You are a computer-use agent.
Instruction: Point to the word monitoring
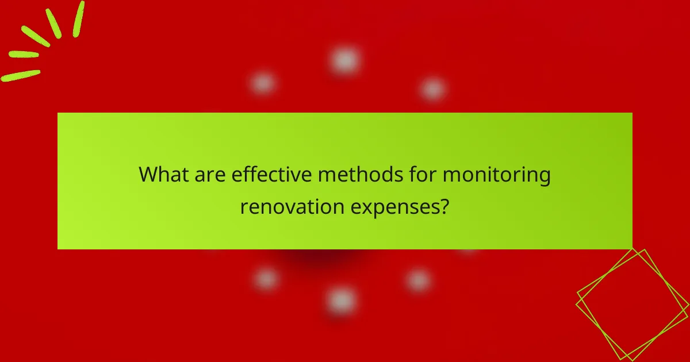pyautogui.click(x=496, y=175)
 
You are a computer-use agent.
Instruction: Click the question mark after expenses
pyautogui.click(x=443, y=206)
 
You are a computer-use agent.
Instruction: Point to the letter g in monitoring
pyautogui.click(x=543, y=178)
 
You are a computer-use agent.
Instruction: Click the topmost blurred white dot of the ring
pyautogui.click(x=345, y=60)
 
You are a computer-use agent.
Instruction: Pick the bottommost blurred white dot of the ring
pyautogui.click(x=342, y=300)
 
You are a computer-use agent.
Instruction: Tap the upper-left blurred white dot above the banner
pyautogui.click(x=263, y=84)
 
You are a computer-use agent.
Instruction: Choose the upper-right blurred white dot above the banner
pyautogui.click(x=432, y=89)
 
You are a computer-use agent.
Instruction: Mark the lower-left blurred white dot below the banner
pyautogui.click(x=266, y=279)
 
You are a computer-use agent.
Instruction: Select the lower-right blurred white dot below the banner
pyautogui.click(x=419, y=280)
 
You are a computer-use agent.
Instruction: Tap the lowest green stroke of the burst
pyautogui.click(x=21, y=75)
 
